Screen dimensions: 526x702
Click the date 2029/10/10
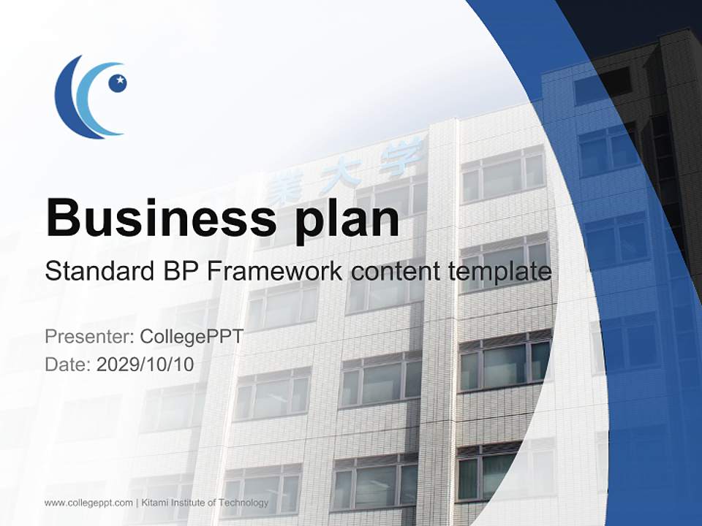146,364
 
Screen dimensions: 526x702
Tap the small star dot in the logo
118,83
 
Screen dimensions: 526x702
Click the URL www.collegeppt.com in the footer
88,503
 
